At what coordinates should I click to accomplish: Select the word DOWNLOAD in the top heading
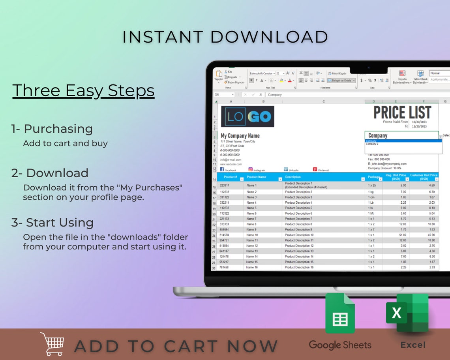click(x=269, y=37)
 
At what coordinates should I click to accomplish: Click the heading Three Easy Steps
click(x=83, y=90)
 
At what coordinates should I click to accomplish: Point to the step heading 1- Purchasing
click(x=52, y=129)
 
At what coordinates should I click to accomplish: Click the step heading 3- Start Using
click(x=52, y=223)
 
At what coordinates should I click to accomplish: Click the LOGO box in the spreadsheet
click(x=247, y=116)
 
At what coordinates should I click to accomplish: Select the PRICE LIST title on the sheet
click(x=402, y=112)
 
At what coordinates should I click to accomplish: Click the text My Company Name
click(x=240, y=136)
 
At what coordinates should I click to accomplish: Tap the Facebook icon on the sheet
click(x=222, y=169)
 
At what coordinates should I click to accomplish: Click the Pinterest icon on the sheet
click(x=315, y=169)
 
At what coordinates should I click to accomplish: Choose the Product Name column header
click(x=257, y=177)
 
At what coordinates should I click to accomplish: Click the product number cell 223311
click(x=224, y=185)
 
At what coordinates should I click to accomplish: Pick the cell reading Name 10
click(x=252, y=235)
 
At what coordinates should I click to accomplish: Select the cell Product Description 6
click(x=298, y=213)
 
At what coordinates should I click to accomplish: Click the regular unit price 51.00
click(x=403, y=235)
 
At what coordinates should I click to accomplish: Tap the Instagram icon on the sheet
click(x=250, y=169)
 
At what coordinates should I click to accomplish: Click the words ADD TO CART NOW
click(x=176, y=346)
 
